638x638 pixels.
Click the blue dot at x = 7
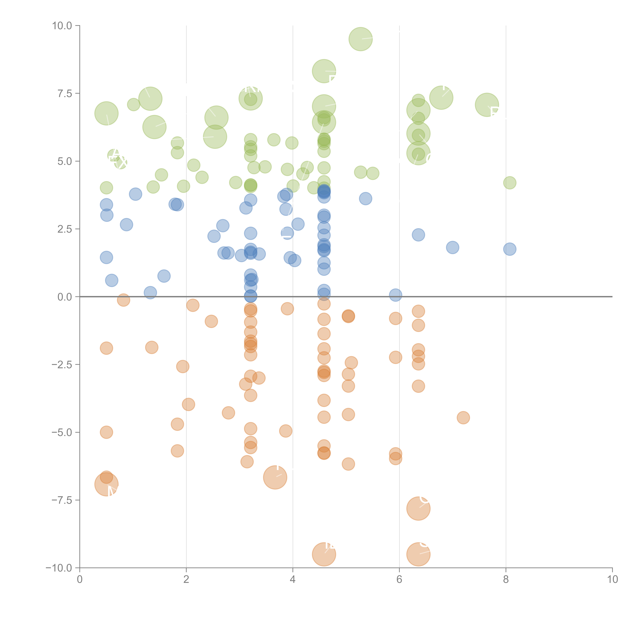452,247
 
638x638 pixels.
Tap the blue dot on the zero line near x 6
395,295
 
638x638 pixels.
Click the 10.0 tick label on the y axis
62,26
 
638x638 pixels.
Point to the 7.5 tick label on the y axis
65,93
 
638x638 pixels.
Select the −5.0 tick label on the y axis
62,432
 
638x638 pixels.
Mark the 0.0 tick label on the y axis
65,297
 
